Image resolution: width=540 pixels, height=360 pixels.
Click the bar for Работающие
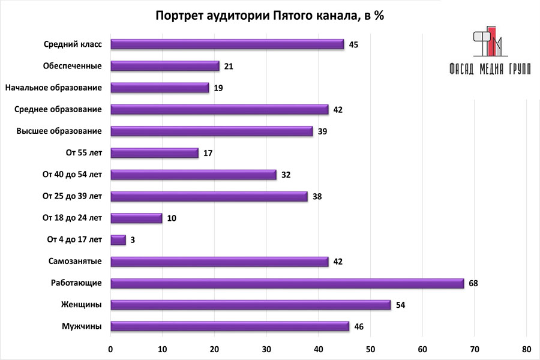287,283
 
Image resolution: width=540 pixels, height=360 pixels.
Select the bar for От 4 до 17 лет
118,240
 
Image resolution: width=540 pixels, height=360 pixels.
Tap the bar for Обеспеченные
165,66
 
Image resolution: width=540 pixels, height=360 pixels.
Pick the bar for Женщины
251,305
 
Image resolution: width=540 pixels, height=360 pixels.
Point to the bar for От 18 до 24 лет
136,218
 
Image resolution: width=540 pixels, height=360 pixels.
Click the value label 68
473,283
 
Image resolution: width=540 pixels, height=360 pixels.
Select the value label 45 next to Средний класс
353,44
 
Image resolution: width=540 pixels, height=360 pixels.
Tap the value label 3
133,240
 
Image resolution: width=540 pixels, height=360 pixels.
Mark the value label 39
322,131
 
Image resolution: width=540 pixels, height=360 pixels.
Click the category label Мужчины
82,326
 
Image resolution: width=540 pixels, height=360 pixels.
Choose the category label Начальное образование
53,88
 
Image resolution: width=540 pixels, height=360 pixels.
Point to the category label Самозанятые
75,261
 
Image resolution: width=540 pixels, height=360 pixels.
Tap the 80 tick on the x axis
527,349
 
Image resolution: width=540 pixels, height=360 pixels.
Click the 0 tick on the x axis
111,349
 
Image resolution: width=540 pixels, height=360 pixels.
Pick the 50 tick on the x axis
371,349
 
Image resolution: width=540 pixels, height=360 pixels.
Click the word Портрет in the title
178,16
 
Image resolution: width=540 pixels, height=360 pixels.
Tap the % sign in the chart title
378,16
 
